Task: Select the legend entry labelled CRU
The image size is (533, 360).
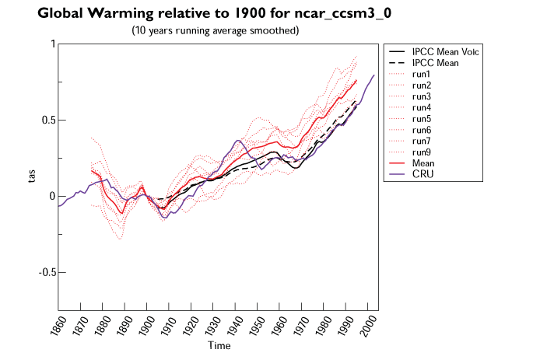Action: [423, 175]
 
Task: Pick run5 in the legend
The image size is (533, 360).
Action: [423, 119]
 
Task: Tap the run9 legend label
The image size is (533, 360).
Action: [423, 152]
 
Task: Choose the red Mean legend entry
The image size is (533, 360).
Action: [424, 163]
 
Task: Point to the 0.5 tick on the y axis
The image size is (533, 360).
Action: [45, 121]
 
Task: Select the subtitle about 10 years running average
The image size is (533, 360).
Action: [215, 30]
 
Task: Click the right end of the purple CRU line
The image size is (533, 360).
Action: [374, 75]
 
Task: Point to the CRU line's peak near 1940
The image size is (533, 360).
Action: [238, 141]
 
